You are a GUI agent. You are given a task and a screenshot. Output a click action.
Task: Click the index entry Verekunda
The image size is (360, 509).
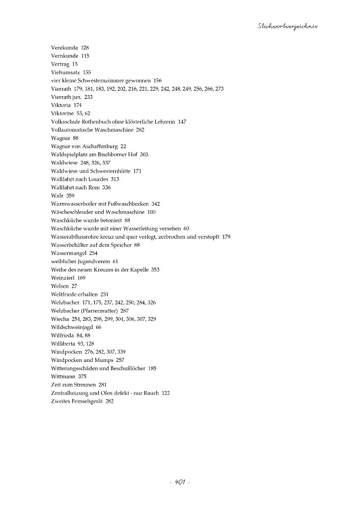pos(64,47)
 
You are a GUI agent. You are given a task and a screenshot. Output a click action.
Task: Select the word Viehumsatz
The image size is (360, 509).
pos(66,72)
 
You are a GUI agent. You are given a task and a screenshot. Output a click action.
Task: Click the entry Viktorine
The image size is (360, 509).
pos(63,113)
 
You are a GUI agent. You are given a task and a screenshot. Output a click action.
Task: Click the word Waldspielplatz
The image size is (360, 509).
pos(70,154)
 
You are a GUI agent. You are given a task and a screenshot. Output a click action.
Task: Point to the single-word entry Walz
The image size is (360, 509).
pos(57,195)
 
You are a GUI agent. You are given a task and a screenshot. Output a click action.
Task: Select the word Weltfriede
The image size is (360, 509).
pos(65,294)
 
